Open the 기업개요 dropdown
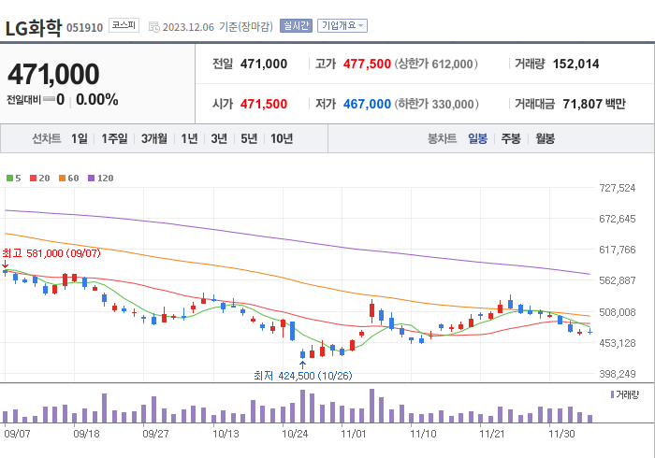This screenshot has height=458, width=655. pyautogui.click(x=342, y=25)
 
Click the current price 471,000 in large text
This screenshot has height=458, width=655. pyautogui.click(x=53, y=74)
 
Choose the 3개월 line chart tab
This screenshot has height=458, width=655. pyautogui.click(x=154, y=138)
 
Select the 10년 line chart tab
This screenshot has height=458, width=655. pyautogui.click(x=281, y=138)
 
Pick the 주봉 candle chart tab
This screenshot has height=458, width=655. pyautogui.click(x=511, y=138)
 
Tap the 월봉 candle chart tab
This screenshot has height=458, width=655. pyautogui.click(x=545, y=138)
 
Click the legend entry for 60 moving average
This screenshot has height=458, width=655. pyautogui.click(x=70, y=178)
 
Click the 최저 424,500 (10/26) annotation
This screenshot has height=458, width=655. pyautogui.click(x=301, y=375)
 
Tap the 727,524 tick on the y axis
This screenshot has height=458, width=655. pyautogui.click(x=617, y=188)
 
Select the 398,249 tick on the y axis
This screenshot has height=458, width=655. pyautogui.click(x=617, y=374)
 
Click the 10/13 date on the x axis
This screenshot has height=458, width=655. pyautogui.click(x=226, y=434)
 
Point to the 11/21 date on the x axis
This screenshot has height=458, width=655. pyautogui.click(x=492, y=434)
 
